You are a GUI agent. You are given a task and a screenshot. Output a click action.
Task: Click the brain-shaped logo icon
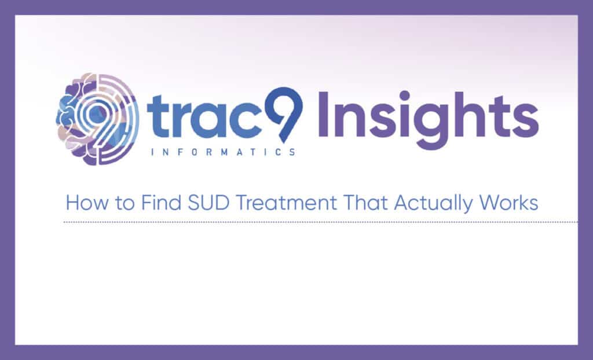pos(97,119)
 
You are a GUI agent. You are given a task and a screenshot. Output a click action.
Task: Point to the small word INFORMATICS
pos(223,152)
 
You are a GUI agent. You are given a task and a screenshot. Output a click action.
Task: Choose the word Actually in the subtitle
pos(433,204)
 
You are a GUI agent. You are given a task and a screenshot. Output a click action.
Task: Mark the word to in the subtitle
pos(125,204)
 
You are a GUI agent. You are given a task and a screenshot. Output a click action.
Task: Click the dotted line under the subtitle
pos(321,222)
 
